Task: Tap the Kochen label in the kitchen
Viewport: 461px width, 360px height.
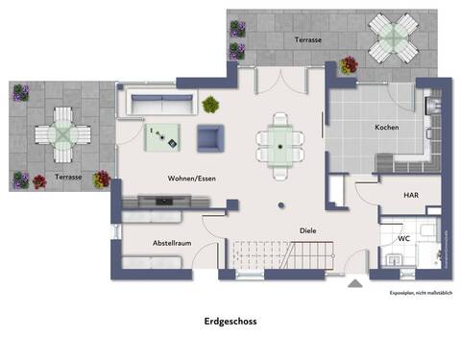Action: pyautogui.click(x=387, y=127)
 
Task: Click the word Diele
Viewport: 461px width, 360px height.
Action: pyautogui.click(x=307, y=229)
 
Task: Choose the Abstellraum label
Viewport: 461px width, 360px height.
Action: pyautogui.click(x=172, y=243)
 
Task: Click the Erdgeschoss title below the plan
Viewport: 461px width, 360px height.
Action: pyautogui.click(x=230, y=324)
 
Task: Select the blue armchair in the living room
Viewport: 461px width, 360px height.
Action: pyautogui.click(x=210, y=138)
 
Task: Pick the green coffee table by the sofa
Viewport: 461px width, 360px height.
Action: pyautogui.click(x=160, y=138)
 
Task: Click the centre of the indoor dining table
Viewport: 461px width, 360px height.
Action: pyautogui.click(x=279, y=146)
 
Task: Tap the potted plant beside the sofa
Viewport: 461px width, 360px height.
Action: pyautogui.click(x=212, y=102)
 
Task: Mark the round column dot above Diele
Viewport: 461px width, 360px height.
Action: pyautogui.click(x=279, y=204)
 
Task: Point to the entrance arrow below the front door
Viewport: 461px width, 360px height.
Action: pyautogui.click(x=356, y=284)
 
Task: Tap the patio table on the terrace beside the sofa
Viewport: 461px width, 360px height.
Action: pyautogui.click(x=60, y=136)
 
